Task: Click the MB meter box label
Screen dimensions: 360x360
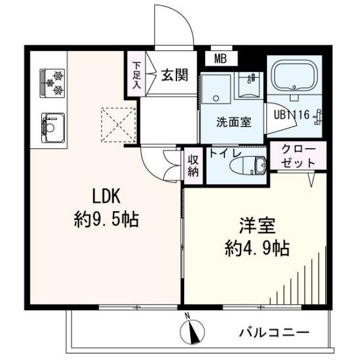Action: pyautogui.click(x=220, y=59)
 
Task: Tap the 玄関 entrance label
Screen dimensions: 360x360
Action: pyautogui.click(x=174, y=75)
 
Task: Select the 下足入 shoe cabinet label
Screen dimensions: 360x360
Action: pyautogui.click(x=136, y=75)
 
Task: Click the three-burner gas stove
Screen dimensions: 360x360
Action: pyautogui.click(x=52, y=83)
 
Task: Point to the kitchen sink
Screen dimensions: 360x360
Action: pyautogui.click(x=53, y=128)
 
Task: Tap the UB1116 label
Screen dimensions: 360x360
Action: pyautogui.click(x=292, y=115)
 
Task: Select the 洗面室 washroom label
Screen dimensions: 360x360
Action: pyautogui.click(x=233, y=122)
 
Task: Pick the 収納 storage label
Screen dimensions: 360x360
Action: pyautogui.click(x=193, y=166)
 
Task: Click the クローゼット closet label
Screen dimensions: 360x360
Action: pyautogui.click(x=298, y=156)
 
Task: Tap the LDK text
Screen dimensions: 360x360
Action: pyautogui.click(x=106, y=196)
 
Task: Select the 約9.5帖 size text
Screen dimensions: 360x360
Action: pyautogui.click(x=106, y=220)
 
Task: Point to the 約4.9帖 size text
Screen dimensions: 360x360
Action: pyautogui.click(x=257, y=249)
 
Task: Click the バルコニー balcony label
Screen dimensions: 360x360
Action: pyautogui.click(x=274, y=332)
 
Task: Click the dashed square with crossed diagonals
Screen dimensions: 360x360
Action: pyautogui.click(x=118, y=125)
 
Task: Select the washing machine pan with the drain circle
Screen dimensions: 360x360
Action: pyautogui.click(x=216, y=89)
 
